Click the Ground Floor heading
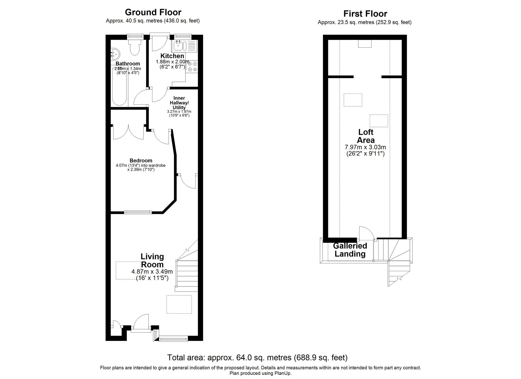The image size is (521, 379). (153, 12)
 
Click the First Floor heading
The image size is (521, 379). (365, 14)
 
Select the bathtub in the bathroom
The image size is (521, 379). (120, 87)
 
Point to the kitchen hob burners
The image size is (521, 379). (192, 66)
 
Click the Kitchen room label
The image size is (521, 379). (172, 56)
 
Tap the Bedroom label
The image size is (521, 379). (141, 160)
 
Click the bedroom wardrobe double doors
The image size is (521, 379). (129, 132)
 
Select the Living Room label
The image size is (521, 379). (152, 260)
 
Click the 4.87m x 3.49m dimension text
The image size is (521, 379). (152, 272)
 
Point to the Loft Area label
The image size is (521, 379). (365, 136)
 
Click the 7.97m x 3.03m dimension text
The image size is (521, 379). (365, 147)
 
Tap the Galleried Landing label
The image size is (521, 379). (350, 250)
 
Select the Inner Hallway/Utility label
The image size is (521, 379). (179, 103)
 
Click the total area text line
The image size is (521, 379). (257, 358)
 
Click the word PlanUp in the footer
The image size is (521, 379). (283, 373)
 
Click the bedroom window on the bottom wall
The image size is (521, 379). (138, 212)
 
